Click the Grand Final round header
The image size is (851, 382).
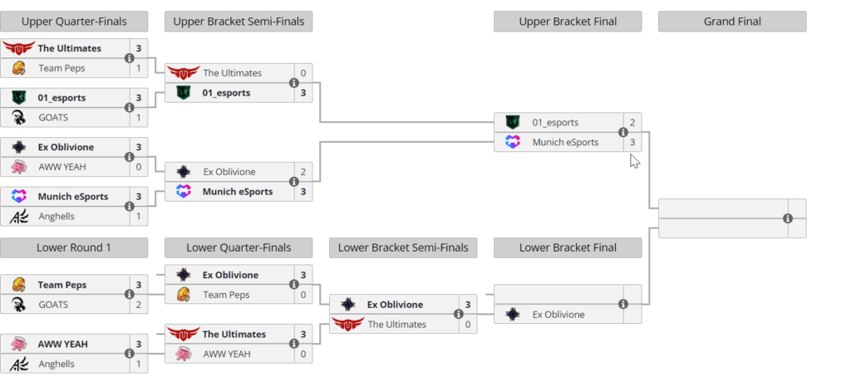732,22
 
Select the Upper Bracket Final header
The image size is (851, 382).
568,22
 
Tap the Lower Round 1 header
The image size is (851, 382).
74,247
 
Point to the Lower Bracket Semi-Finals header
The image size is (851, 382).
403,247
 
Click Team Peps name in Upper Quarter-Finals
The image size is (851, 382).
61,68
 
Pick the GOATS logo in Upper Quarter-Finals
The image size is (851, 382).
18,118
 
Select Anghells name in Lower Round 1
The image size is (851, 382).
57,364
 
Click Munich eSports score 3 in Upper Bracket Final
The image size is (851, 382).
632,142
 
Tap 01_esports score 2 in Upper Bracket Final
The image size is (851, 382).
632,123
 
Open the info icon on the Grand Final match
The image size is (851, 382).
788,218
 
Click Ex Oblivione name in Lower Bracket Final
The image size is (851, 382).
558,314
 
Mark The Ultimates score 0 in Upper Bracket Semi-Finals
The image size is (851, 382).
303,73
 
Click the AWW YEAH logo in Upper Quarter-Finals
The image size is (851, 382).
18,167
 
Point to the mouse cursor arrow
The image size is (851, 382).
635,160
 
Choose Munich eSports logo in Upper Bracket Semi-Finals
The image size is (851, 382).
183,192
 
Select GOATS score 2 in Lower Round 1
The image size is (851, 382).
139,305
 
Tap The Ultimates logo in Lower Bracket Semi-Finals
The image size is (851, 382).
347,324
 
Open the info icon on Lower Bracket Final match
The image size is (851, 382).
623,305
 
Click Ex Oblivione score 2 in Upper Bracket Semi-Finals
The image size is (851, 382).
303,172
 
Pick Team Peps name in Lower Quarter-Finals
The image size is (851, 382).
226,295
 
